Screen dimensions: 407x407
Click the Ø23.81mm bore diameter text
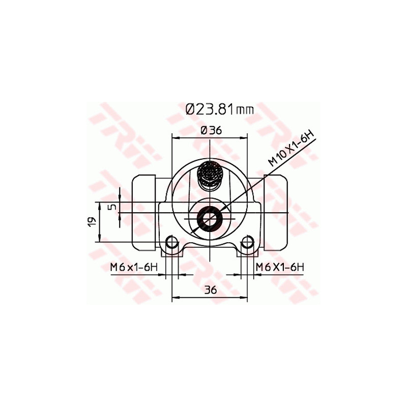click(219, 109)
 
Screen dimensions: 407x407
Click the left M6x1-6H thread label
click(134, 267)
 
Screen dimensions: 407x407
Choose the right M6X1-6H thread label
click(280, 267)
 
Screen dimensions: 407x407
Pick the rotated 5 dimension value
click(113, 207)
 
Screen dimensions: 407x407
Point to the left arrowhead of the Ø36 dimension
click(176, 137)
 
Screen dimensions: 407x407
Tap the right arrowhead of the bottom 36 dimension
click(245, 297)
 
